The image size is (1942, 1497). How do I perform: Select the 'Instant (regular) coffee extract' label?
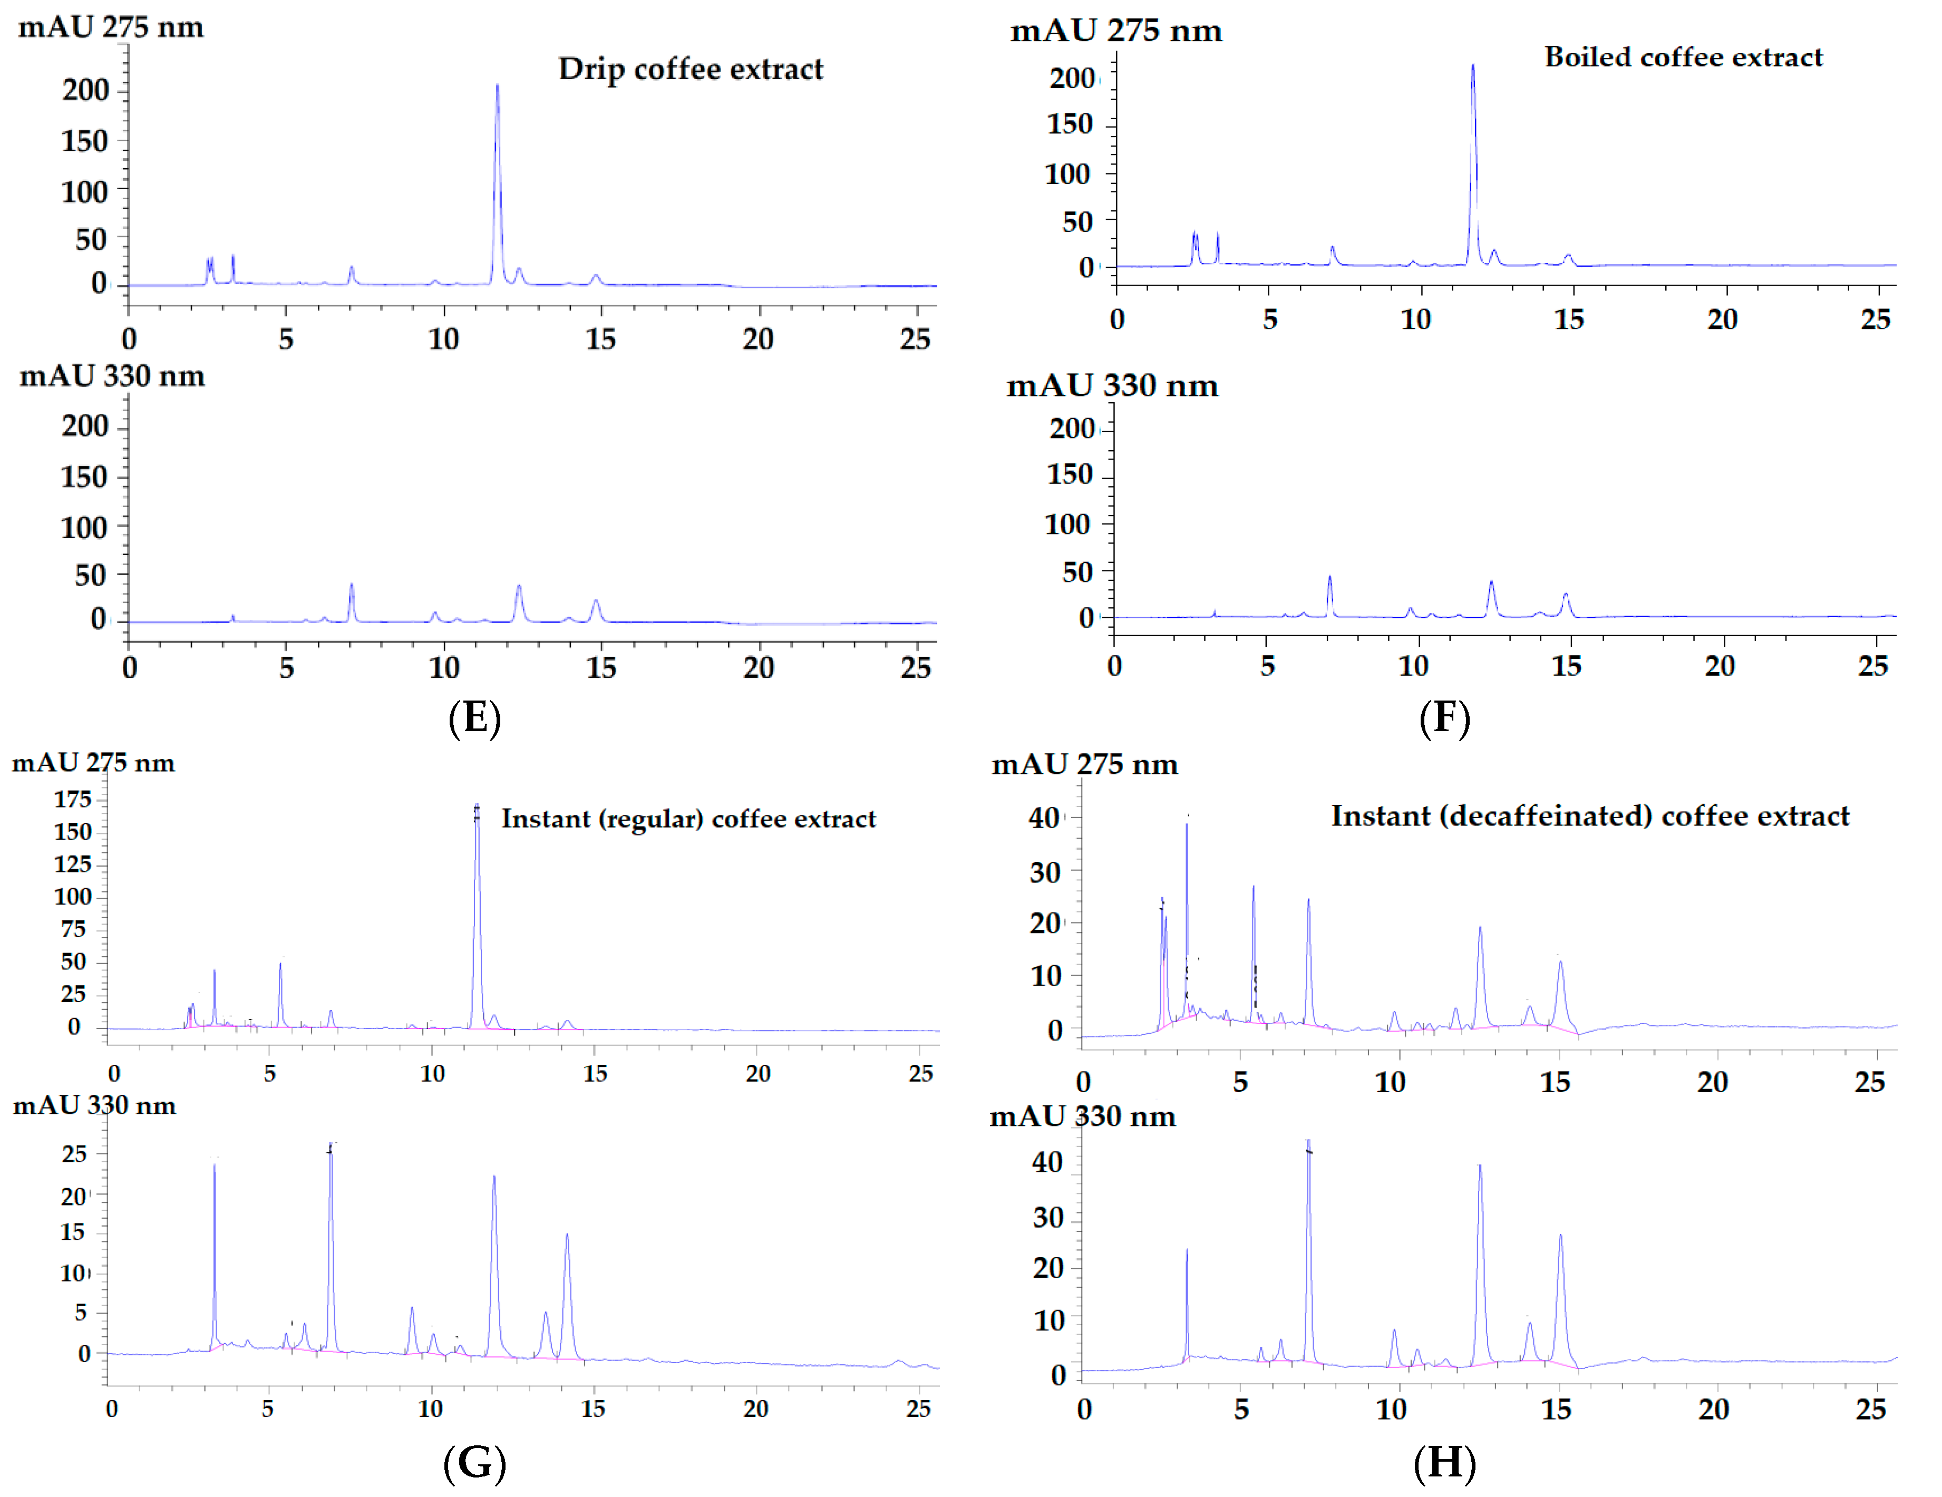click(x=688, y=819)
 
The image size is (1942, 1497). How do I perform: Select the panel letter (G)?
click(x=474, y=1462)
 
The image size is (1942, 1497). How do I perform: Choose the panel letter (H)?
click(x=1444, y=1462)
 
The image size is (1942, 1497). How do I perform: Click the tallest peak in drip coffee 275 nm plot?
click(x=497, y=87)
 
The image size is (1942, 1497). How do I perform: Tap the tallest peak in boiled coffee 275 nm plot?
click(x=1472, y=66)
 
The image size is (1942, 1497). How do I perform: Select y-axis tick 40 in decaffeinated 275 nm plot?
click(x=1045, y=818)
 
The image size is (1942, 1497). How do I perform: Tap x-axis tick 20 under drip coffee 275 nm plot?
click(x=758, y=339)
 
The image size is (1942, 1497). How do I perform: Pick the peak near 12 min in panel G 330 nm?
click(x=494, y=1178)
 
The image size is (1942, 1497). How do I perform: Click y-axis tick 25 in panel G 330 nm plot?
click(x=75, y=1154)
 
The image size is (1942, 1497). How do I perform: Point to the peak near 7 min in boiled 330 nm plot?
click(x=1329, y=578)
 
